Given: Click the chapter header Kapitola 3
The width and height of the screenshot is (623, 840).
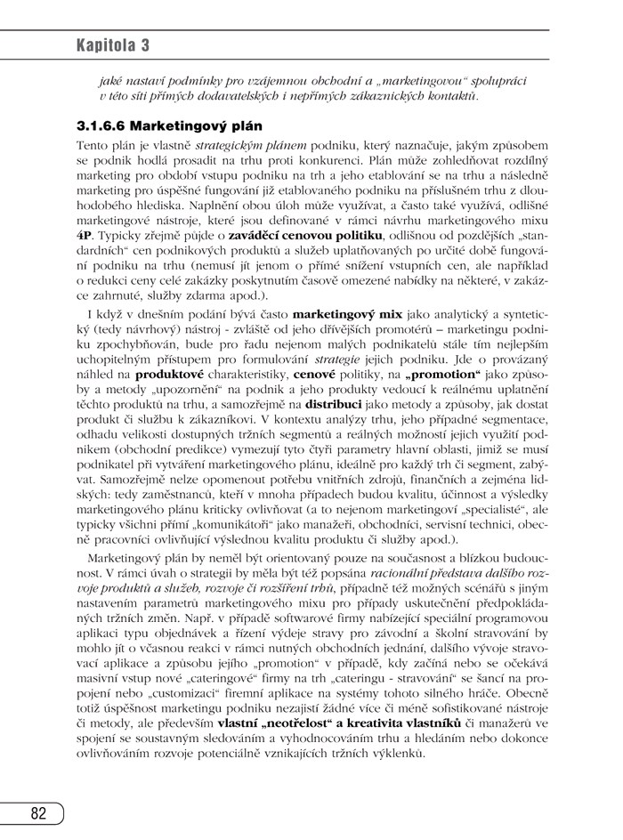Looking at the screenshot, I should coord(112,44).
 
